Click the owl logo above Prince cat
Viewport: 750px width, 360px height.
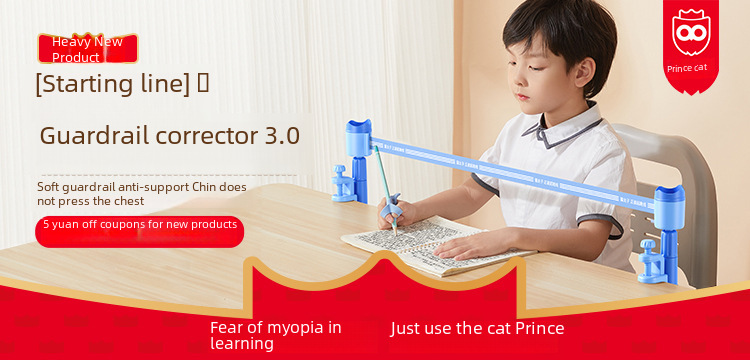pyautogui.click(x=691, y=34)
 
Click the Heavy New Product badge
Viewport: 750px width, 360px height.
pyautogui.click(x=88, y=48)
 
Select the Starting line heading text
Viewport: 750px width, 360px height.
pyautogui.click(x=112, y=85)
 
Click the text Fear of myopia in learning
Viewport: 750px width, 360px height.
pyautogui.click(x=275, y=335)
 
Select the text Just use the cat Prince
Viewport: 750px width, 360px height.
pyautogui.click(x=477, y=328)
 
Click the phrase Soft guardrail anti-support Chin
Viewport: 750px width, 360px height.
pyautogui.click(x=142, y=187)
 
